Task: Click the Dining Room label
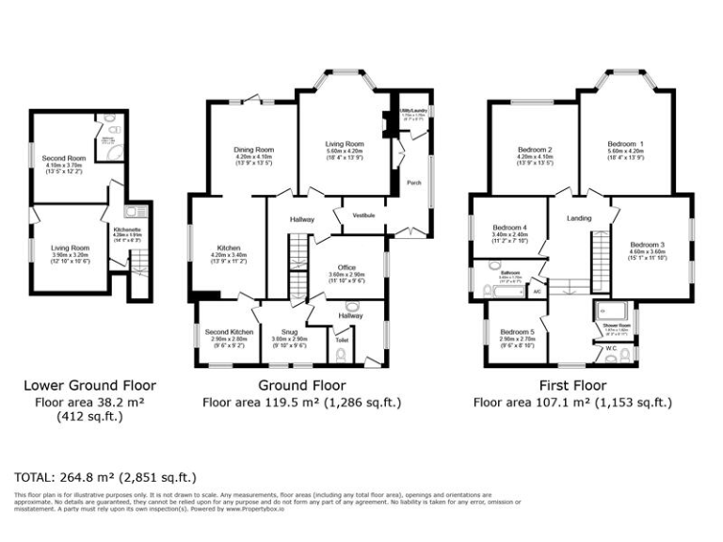pos(253,149)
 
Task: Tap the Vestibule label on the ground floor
pos(363,215)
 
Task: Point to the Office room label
pos(345,268)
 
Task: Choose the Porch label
pos(411,182)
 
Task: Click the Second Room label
pos(63,158)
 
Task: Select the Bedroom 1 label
pos(625,142)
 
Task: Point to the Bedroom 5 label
pos(517,332)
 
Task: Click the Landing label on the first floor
pos(579,219)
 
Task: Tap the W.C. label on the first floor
pos(610,348)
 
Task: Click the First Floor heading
pos(571,385)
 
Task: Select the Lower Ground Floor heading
pos(89,385)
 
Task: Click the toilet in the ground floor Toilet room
pos(340,356)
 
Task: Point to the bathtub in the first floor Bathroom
pos(506,293)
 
